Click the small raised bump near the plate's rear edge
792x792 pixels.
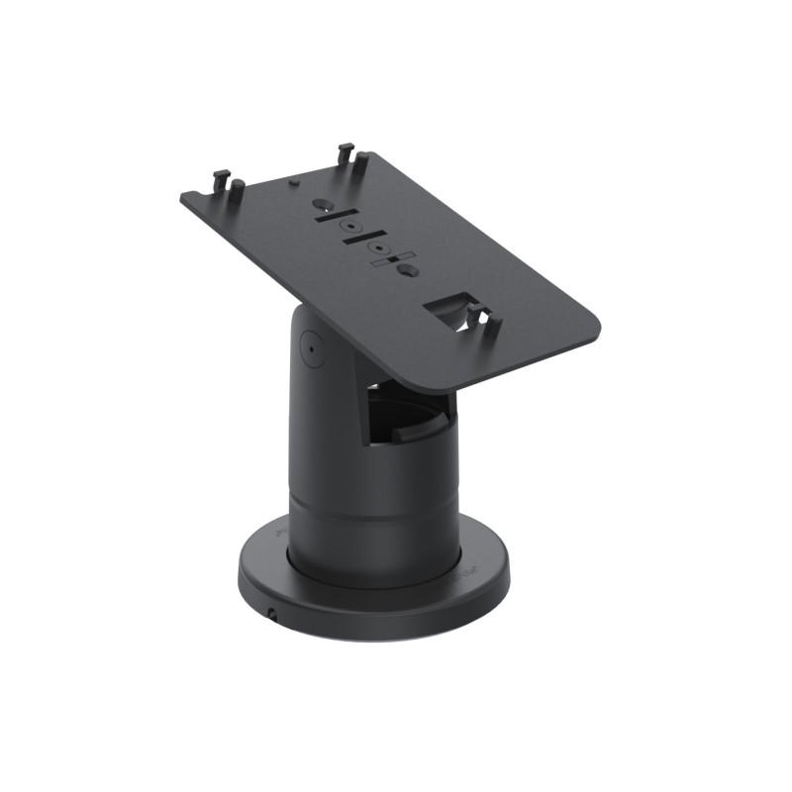(293, 181)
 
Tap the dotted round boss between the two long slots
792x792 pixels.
(349, 228)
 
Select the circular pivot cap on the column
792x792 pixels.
(310, 348)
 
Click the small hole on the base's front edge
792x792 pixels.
(271, 615)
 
